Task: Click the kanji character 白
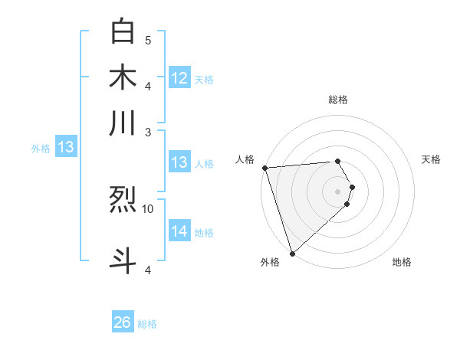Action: [x=123, y=32]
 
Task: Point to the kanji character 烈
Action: [x=123, y=201]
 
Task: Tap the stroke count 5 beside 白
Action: [x=148, y=40]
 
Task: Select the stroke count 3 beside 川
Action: [x=148, y=132]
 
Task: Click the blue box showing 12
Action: [x=179, y=78]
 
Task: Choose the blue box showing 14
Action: [x=179, y=231]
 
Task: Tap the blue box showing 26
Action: [x=123, y=323]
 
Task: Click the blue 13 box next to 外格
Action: [x=65, y=148]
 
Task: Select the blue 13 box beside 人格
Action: [x=179, y=162]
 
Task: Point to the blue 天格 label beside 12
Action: [x=204, y=80]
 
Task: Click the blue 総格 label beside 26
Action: [x=147, y=325]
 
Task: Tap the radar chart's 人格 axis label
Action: [x=245, y=159]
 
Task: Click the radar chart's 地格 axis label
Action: [x=402, y=263]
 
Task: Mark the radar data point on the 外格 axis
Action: [x=292, y=253]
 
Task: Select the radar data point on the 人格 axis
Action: [x=264, y=168]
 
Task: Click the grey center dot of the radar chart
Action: [x=337, y=191]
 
